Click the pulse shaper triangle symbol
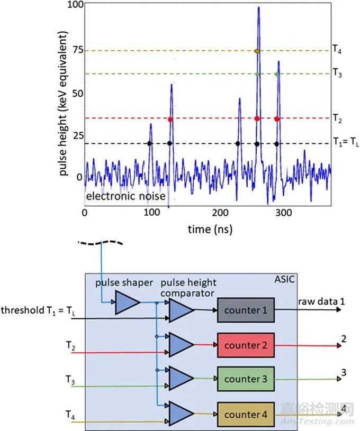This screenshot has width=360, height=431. (128, 303)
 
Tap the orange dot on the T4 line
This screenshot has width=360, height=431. (257, 51)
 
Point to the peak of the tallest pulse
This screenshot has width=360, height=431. (258, 7)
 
